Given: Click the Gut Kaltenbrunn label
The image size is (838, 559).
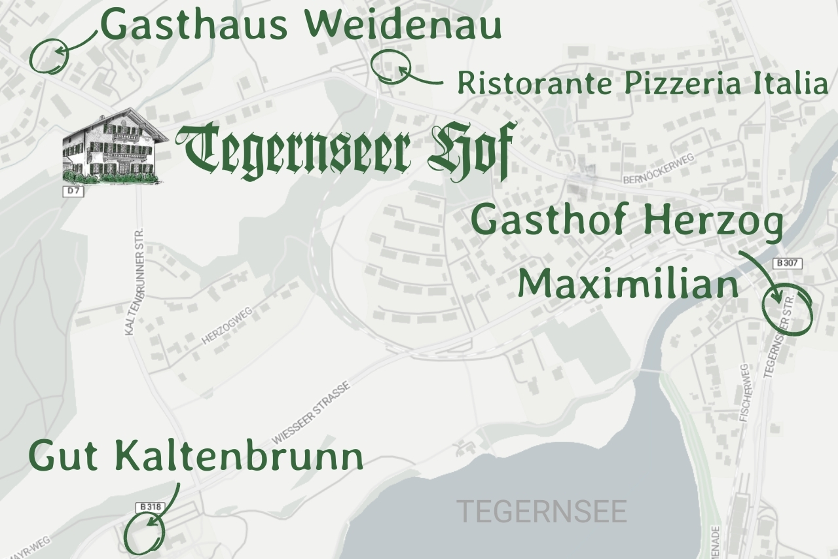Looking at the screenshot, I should [195, 456].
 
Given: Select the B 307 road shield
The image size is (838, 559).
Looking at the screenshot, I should [787, 263].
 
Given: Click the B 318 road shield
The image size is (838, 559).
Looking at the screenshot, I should [150, 507].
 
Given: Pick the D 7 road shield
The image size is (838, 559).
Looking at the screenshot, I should [73, 191].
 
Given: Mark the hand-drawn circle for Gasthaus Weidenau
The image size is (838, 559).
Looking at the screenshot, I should [49, 55].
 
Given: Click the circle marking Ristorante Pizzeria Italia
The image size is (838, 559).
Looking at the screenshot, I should [391, 67].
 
